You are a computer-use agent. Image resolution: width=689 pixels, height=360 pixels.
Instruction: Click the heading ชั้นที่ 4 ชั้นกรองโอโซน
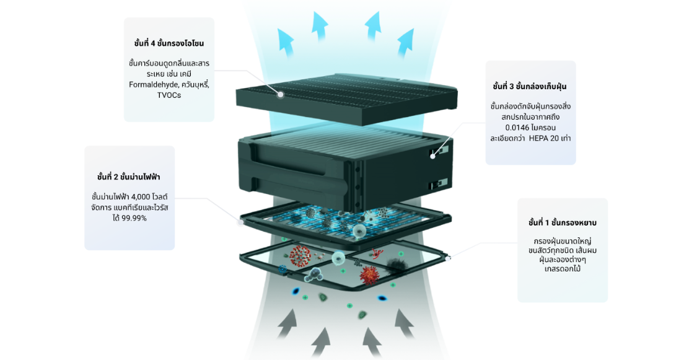pos(169,43)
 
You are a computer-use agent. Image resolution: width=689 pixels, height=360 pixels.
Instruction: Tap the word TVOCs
pos(169,95)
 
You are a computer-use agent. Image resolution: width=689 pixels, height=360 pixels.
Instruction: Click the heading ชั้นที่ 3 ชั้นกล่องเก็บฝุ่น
pos(530,86)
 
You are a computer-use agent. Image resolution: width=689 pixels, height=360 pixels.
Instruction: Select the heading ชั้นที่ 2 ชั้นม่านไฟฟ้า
pos(129,177)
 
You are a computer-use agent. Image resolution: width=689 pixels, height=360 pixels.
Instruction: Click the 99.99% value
pos(134,218)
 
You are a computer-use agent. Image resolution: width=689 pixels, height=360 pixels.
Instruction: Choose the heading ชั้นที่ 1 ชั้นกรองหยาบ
pos(562,222)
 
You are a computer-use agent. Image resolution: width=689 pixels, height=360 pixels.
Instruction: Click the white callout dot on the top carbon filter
pos(281,95)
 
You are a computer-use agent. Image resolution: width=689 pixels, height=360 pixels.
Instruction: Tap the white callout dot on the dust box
pos(432,155)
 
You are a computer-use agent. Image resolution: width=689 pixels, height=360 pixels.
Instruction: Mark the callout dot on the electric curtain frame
pos(241,221)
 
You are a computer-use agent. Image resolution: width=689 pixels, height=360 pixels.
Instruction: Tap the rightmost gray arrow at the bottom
pos(404,323)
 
